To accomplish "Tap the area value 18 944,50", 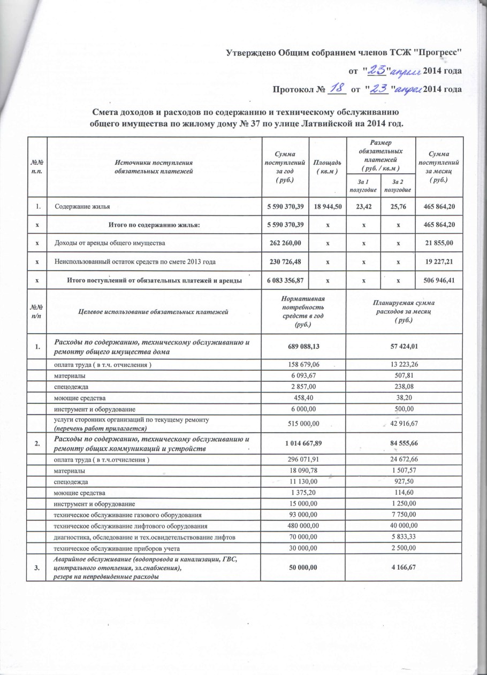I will (x=328, y=206).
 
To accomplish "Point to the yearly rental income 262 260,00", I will (x=285, y=243).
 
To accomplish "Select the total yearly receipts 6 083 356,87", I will (x=285, y=280).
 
